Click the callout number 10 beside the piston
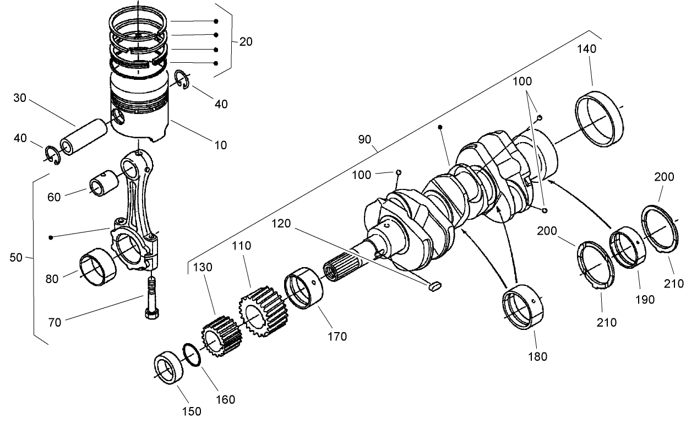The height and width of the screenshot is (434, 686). click(x=220, y=145)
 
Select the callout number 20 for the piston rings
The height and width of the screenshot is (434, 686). click(x=246, y=42)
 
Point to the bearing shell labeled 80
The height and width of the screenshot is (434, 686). click(x=97, y=265)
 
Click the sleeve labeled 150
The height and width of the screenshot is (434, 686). click(x=170, y=373)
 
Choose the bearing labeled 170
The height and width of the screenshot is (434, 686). click(x=306, y=289)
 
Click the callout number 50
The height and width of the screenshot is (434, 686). click(x=17, y=257)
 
